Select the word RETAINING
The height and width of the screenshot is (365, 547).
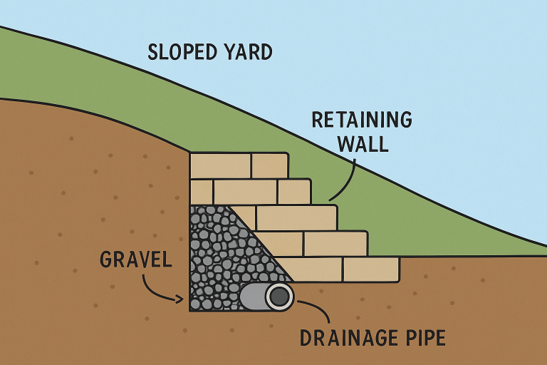tap(362, 119)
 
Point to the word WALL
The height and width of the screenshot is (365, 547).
tap(363, 145)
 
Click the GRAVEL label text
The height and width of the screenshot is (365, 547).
tap(136, 259)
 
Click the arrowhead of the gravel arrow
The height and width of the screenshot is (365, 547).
tap(179, 299)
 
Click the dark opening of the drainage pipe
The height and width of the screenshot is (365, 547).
tap(279, 296)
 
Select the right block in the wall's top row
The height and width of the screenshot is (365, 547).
tap(269, 165)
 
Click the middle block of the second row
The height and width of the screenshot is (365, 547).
tap(245, 192)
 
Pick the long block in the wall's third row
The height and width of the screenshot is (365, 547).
tap(296, 217)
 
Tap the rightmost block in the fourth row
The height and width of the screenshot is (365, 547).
tap(335, 243)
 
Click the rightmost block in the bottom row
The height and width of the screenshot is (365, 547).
tap(370, 269)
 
